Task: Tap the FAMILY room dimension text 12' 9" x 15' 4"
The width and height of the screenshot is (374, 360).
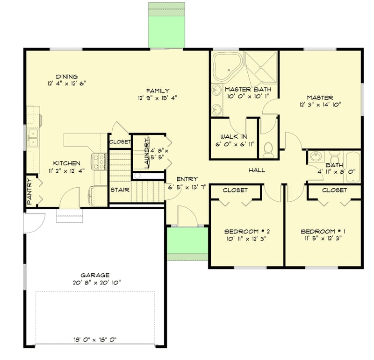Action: pos(158,98)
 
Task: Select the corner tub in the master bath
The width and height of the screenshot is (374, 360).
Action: pos(226,66)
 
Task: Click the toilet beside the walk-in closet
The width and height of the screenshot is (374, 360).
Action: pos(268,149)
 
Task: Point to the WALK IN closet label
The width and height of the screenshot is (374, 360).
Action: pos(233,137)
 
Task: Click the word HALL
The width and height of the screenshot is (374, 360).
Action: pos(257,170)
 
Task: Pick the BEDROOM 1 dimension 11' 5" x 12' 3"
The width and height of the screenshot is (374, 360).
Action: pos(323,238)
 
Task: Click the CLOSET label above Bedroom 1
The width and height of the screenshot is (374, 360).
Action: pos(334,190)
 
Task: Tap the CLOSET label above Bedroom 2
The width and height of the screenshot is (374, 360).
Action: pos(235,190)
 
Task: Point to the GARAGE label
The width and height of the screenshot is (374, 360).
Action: pos(94,275)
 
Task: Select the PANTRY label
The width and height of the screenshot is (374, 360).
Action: pos(29,191)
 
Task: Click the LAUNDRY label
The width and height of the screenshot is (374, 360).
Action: pos(146,154)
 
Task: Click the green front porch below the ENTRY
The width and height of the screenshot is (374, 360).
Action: pos(187,240)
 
